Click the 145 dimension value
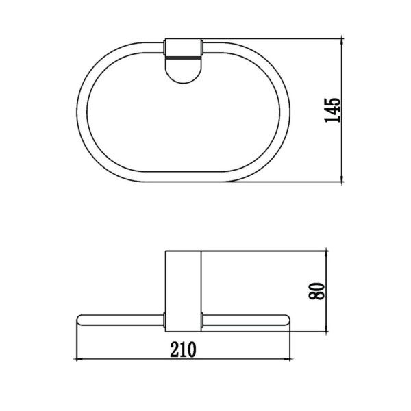coord(333,110)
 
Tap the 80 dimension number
coord(316,291)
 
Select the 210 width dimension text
coord(183,349)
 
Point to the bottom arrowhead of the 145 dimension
coord(342,179)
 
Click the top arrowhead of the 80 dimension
coord(326,254)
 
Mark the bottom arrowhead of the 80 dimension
coord(326,329)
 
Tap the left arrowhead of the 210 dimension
coord(79,359)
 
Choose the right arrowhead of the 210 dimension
coord(287,359)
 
